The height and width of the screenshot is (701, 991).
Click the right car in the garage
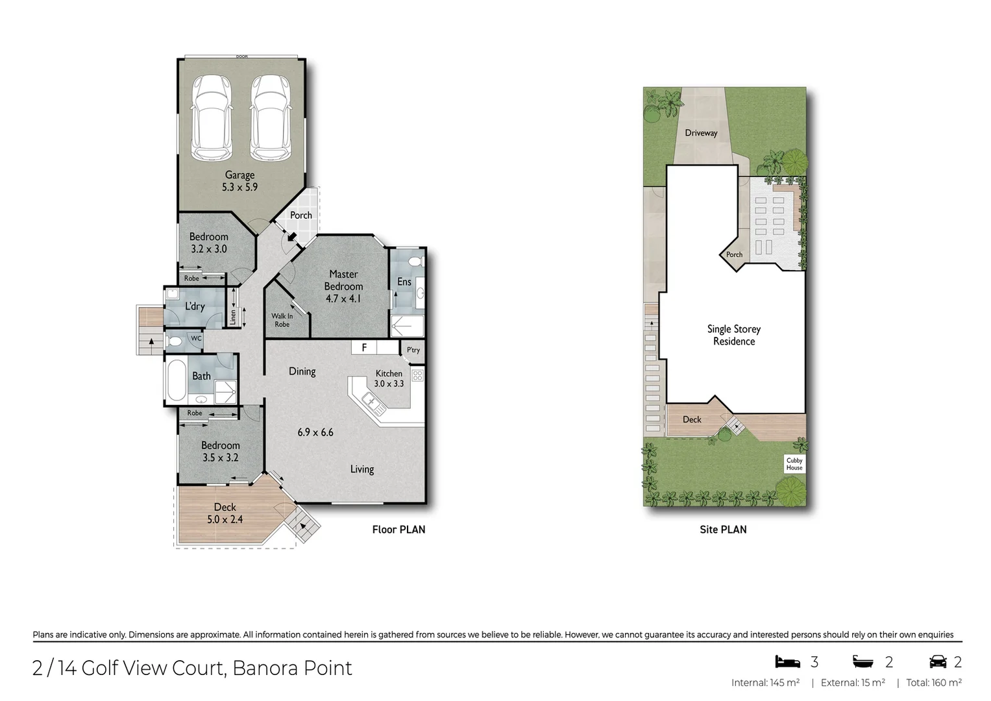pyautogui.click(x=270, y=117)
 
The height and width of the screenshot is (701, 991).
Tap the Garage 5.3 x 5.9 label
pyautogui.click(x=239, y=181)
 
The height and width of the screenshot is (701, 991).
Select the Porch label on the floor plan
pyautogui.click(x=300, y=215)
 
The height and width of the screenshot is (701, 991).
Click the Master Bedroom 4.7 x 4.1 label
pyautogui.click(x=343, y=286)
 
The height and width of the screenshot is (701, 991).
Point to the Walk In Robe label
pyautogui.click(x=282, y=320)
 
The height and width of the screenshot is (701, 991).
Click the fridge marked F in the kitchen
pyautogui.click(x=364, y=347)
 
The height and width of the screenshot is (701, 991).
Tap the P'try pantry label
pyautogui.click(x=413, y=350)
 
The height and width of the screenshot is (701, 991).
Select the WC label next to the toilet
pyautogui.click(x=195, y=338)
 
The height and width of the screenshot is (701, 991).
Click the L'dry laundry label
pyautogui.click(x=195, y=306)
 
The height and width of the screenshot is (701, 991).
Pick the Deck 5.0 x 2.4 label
pyautogui.click(x=225, y=513)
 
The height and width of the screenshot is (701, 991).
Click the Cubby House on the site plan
pyautogui.click(x=794, y=463)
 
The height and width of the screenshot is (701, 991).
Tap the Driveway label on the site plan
pyautogui.click(x=701, y=133)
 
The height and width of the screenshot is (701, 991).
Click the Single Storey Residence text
pyautogui.click(x=733, y=335)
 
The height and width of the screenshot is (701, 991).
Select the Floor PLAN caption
pyautogui.click(x=398, y=530)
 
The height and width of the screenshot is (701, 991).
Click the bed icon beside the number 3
pyautogui.click(x=787, y=661)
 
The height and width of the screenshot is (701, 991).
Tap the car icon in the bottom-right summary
pyautogui.click(x=937, y=661)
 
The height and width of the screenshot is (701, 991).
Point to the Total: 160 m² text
pyautogui.click(x=933, y=683)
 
